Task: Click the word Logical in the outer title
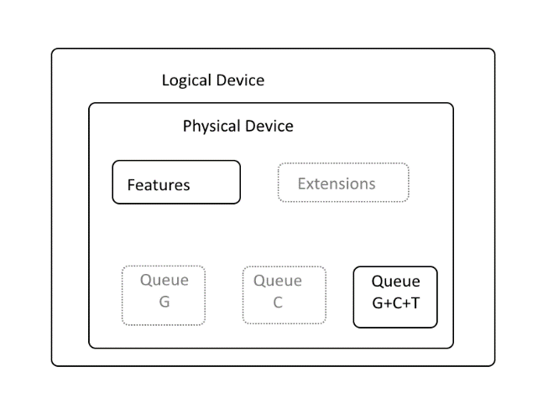[186, 81]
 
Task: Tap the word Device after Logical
[240, 80]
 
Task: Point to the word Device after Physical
[269, 126]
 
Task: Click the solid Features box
[176, 182]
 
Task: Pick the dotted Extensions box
[343, 182]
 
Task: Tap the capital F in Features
[131, 185]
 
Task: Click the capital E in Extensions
[301, 183]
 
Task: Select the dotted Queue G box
[164, 295]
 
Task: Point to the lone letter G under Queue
[164, 302]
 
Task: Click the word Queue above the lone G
[164, 280]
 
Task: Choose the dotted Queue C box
[285, 295]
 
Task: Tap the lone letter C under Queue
[278, 302]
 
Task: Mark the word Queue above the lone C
[278, 281]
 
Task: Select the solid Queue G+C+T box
[395, 297]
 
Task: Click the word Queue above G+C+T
[396, 282]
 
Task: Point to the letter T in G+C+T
[415, 303]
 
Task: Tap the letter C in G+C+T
[397, 303]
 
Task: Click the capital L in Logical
[165, 80]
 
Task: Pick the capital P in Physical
[187, 126]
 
